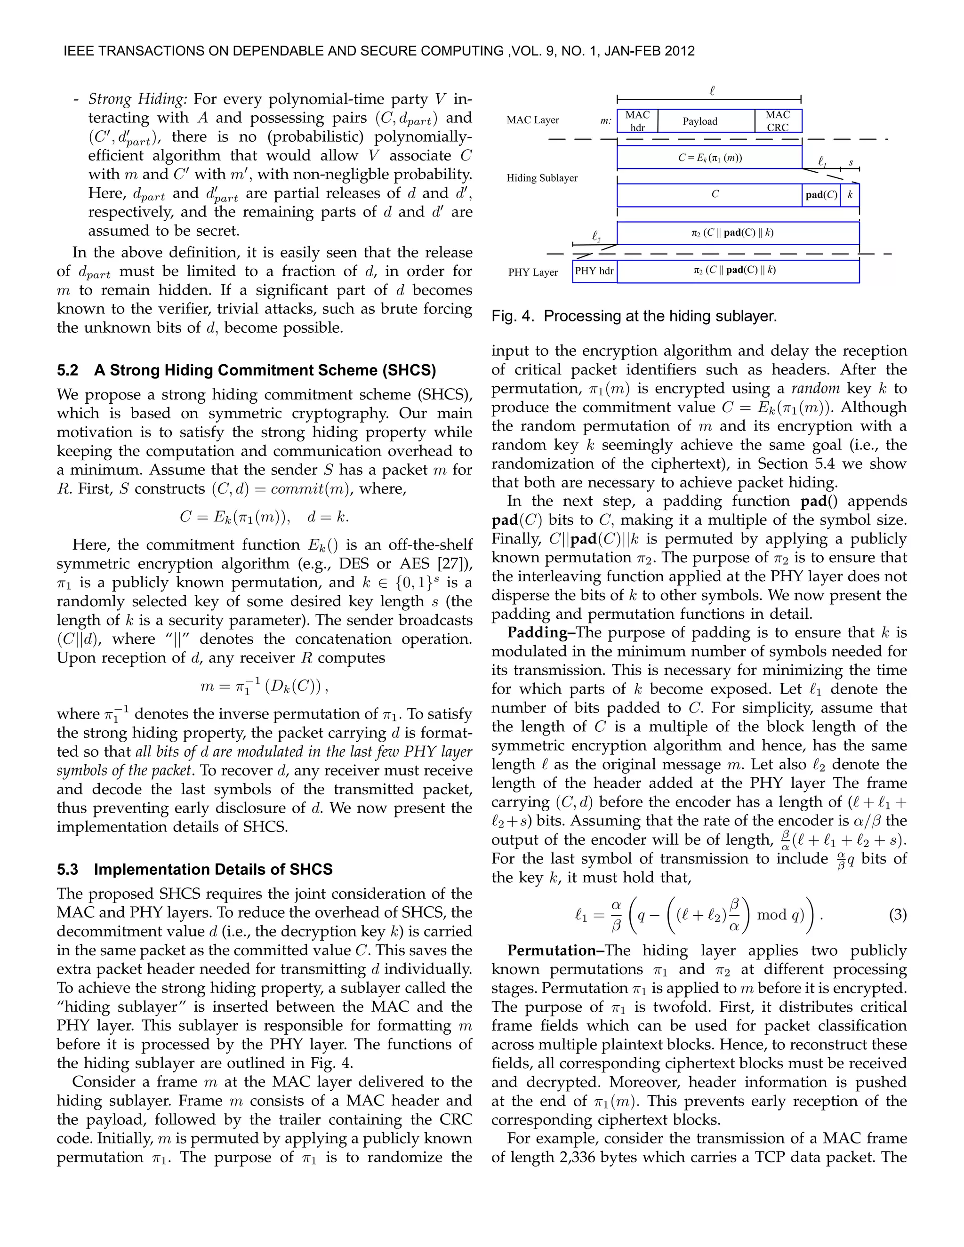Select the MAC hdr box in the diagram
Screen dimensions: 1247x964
pos(637,121)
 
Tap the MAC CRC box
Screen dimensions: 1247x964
pos(778,121)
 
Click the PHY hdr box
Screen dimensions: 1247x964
pos(594,271)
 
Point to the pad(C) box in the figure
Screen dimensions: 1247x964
pos(821,195)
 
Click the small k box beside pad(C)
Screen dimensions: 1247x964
pos(850,195)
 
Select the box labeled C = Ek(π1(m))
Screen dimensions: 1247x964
pos(709,158)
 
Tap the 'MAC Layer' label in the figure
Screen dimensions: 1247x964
pos(532,120)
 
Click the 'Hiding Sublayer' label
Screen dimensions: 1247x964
pos(541,178)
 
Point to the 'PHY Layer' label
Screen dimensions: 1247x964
pos(532,272)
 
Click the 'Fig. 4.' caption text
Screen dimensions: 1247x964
pos(514,316)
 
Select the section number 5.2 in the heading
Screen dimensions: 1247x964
pos(67,370)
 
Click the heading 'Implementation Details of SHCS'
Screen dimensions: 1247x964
pos(213,869)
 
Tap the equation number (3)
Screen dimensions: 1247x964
pos(897,915)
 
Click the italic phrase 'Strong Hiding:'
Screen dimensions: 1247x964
pos(137,99)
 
